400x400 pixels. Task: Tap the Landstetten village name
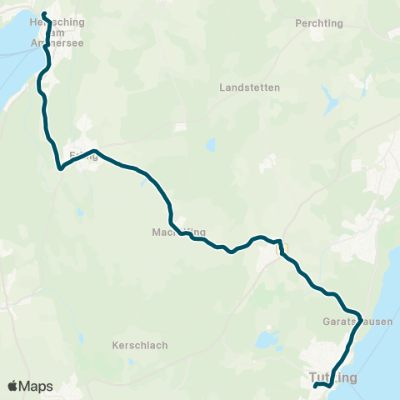click(249, 87)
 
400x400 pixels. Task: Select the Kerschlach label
click(140, 345)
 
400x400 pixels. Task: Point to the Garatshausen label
click(344, 320)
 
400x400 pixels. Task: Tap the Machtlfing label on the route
click(178, 232)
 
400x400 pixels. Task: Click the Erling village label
click(83, 155)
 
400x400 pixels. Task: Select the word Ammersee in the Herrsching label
click(52, 42)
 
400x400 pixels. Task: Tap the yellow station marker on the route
click(282, 247)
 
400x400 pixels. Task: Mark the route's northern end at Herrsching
click(43, 13)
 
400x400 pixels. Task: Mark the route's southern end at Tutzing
click(315, 386)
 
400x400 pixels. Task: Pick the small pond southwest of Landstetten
click(211, 145)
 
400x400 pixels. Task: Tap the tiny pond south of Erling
click(79, 212)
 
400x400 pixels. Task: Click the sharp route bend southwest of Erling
click(60, 167)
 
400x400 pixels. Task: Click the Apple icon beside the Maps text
click(13, 386)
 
